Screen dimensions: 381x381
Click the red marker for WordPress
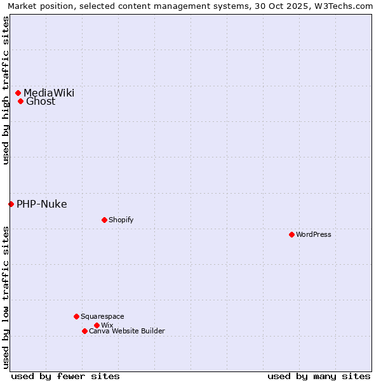point(291,234)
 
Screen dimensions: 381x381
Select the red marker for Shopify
point(104,220)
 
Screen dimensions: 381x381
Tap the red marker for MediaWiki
point(18,93)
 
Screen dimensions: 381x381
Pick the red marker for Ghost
point(20,101)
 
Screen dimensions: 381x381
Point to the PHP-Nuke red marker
point(11,204)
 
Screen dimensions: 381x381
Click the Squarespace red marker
point(76,316)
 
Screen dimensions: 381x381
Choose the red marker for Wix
point(97,325)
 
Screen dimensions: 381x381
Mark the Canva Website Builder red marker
point(84,331)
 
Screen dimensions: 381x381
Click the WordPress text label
point(314,234)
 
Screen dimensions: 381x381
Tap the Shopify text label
point(121,220)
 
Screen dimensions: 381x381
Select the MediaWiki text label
point(49,93)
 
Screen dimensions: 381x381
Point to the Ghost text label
point(41,102)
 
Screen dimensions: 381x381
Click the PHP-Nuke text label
point(42,204)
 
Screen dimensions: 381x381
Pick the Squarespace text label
point(102,316)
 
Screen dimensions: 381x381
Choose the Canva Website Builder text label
point(126,331)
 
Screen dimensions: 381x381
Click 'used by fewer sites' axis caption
point(65,376)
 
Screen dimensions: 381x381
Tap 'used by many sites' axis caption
point(319,376)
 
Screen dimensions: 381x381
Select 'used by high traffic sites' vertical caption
point(6,90)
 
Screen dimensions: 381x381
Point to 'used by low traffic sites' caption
point(6,297)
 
